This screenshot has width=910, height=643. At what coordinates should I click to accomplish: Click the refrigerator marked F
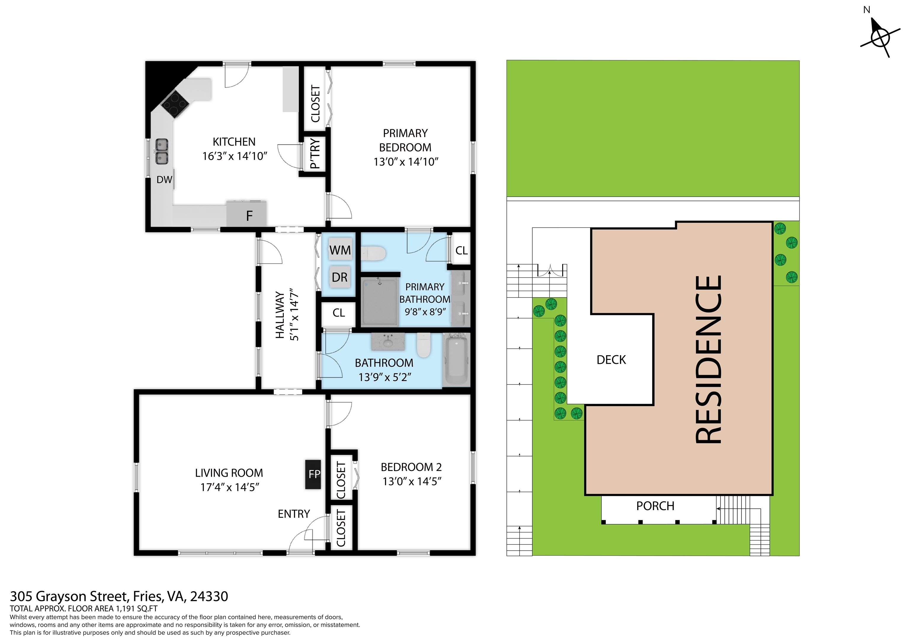(246, 213)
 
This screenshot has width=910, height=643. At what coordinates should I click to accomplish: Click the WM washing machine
(340, 250)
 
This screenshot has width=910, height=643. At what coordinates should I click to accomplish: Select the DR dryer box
(340, 277)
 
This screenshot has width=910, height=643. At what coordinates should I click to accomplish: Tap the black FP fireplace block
(313, 474)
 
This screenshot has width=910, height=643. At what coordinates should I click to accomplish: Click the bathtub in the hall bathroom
(456, 360)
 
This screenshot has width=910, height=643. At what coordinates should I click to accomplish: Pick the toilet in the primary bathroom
(373, 253)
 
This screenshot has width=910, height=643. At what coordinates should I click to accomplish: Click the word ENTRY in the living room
(294, 514)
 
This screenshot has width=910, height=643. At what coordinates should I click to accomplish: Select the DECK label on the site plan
(611, 360)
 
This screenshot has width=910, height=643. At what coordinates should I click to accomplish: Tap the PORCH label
(655, 506)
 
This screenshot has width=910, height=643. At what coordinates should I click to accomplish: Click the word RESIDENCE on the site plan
(709, 359)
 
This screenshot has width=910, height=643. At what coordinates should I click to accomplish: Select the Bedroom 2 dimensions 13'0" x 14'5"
(412, 481)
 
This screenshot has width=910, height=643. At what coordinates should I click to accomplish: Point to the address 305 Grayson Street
(69, 596)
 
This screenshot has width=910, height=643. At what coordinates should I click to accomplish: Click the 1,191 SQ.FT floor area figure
(136, 609)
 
